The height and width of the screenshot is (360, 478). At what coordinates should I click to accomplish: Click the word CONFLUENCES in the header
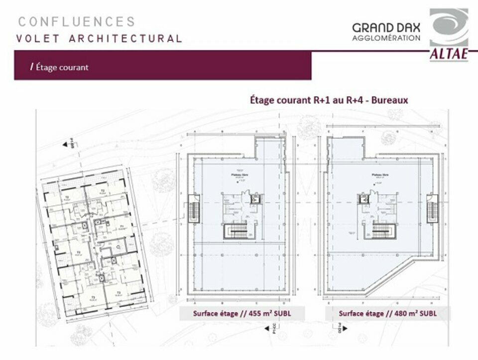click(77, 22)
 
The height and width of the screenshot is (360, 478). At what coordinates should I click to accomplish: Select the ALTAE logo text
click(449, 54)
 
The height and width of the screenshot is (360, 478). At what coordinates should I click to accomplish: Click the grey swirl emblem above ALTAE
click(449, 27)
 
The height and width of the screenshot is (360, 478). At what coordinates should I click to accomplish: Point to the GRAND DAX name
click(386, 28)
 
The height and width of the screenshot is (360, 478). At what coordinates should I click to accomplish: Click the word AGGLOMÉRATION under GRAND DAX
click(386, 38)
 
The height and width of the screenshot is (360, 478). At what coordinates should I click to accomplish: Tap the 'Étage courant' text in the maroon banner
click(61, 67)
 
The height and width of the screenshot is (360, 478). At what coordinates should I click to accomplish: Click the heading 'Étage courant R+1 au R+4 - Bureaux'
click(329, 100)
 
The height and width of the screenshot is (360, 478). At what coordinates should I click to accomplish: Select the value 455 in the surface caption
click(247, 314)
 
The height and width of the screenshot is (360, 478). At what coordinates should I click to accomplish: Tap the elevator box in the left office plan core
click(255, 199)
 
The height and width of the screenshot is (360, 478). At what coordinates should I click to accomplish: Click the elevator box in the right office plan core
click(364, 199)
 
